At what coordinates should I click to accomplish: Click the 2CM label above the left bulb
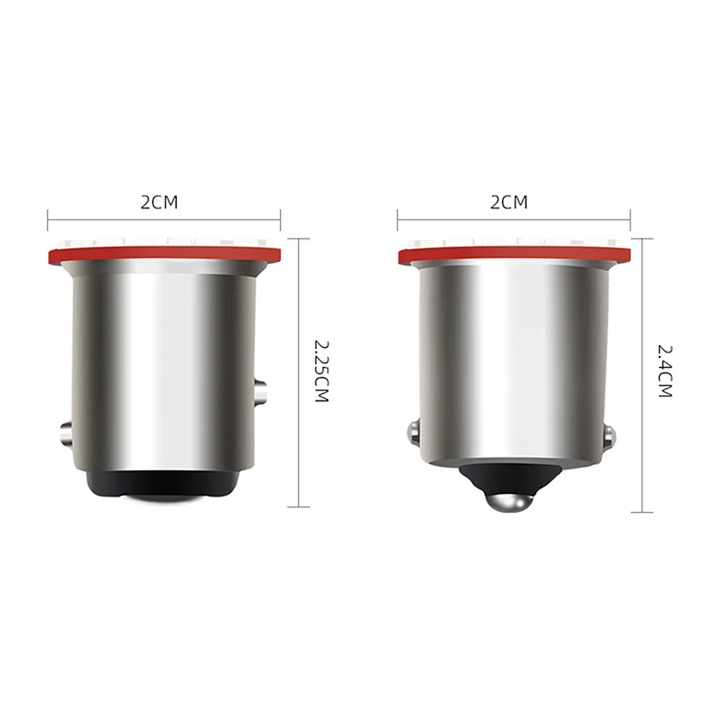pyautogui.click(x=159, y=202)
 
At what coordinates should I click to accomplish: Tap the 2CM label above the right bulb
pyautogui.click(x=508, y=202)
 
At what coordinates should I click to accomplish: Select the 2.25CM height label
pyautogui.click(x=321, y=372)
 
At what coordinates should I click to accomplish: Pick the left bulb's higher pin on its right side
pyautogui.click(x=261, y=392)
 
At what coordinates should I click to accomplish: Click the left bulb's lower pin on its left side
pyautogui.click(x=66, y=433)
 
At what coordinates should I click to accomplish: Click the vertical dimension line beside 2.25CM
pyautogui.click(x=299, y=372)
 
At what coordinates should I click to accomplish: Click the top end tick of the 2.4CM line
pyautogui.click(x=643, y=238)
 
